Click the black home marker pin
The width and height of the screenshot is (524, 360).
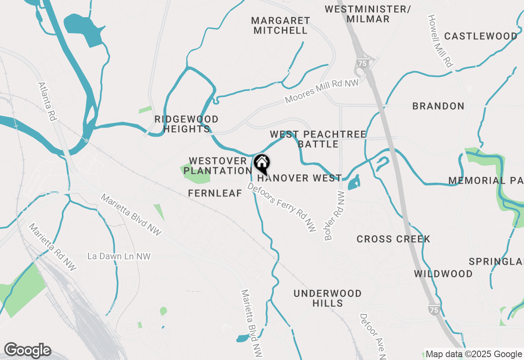pyautogui.click(x=262, y=164)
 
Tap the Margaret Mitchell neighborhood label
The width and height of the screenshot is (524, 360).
pyautogui.click(x=280, y=25)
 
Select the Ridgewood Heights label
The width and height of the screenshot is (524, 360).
pyautogui.click(x=186, y=124)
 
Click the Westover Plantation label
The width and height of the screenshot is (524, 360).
pyautogui.click(x=218, y=166)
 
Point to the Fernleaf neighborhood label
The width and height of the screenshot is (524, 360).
pyautogui.click(x=215, y=193)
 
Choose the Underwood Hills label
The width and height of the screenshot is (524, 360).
pyautogui.click(x=327, y=298)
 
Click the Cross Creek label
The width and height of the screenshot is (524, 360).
pyautogui.click(x=393, y=239)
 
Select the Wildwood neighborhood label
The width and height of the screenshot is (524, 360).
pyautogui.click(x=443, y=274)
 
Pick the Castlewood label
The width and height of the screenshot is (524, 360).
pyautogui.click(x=481, y=36)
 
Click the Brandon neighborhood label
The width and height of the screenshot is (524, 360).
pyautogui.click(x=438, y=106)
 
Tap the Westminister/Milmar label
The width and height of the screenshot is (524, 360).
pyautogui.click(x=368, y=14)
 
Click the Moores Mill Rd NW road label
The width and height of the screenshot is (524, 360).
pyautogui.click(x=322, y=91)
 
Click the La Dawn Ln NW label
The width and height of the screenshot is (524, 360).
pyautogui.click(x=119, y=256)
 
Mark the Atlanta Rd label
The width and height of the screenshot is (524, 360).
pyautogui.click(x=47, y=102)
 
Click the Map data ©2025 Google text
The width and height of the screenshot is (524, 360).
pyautogui.click(x=474, y=354)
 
